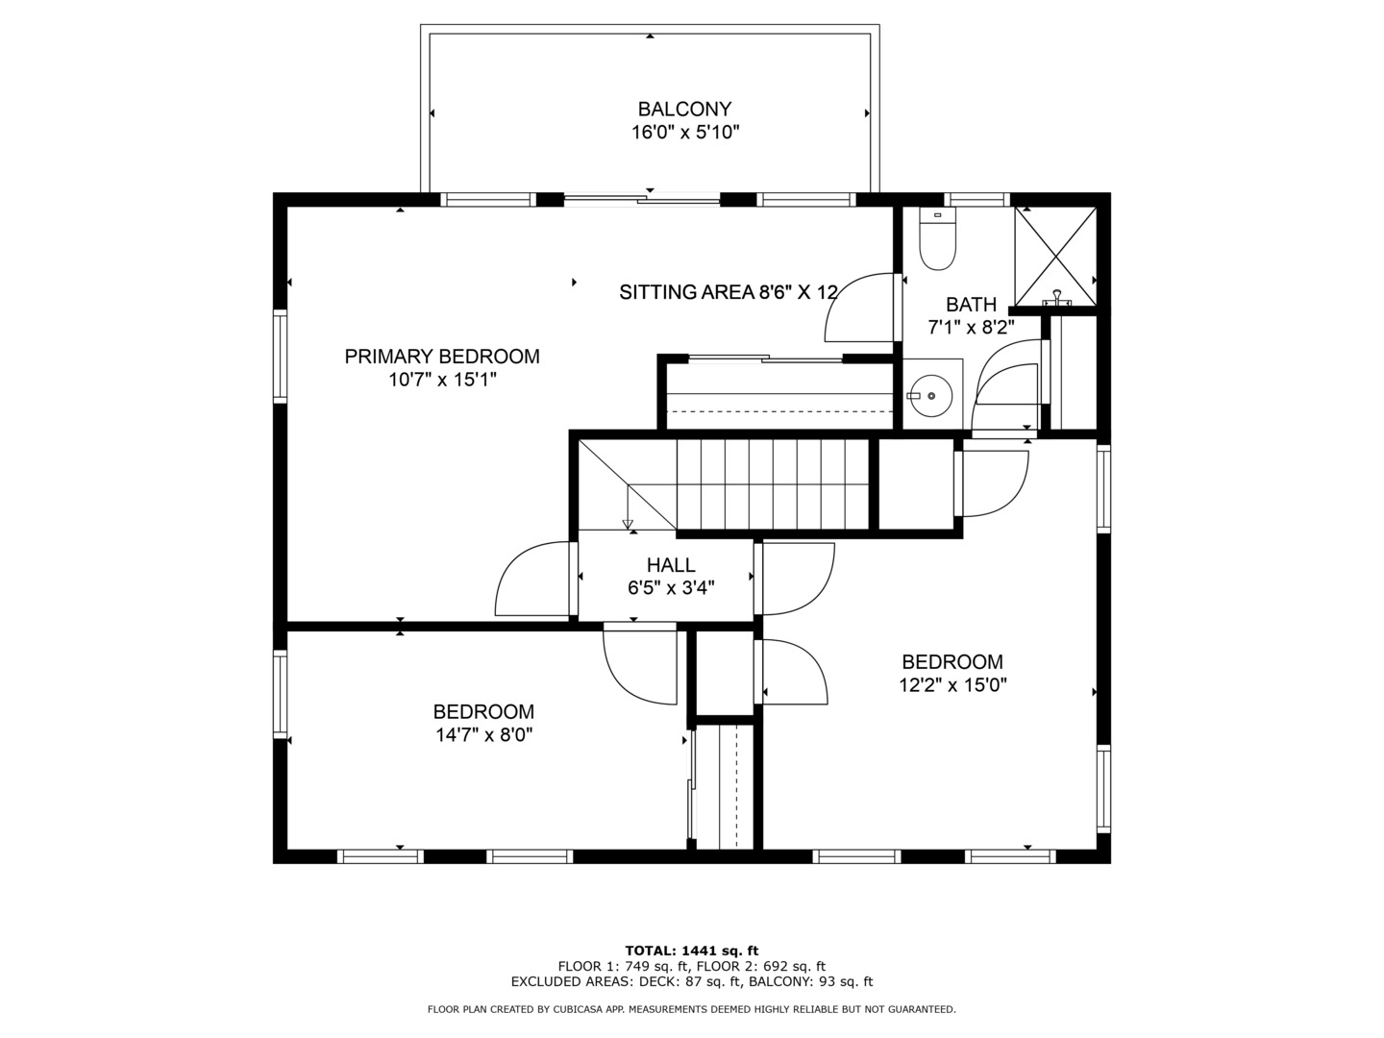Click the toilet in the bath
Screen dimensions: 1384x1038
point(937,239)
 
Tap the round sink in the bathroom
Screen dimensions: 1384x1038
point(930,396)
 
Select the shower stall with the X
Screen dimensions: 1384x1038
point(1055,257)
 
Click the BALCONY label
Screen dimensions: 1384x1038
point(684,109)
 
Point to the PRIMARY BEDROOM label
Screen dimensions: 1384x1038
point(442,356)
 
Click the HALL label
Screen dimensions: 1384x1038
point(671,565)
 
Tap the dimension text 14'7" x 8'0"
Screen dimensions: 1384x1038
point(484,735)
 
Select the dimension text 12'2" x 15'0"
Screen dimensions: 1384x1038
point(952,684)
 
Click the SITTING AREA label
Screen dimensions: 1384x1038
point(686,292)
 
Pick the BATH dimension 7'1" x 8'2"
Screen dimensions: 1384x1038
point(971,327)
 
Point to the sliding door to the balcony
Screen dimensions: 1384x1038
point(642,200)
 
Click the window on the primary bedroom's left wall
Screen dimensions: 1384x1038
point(280,356)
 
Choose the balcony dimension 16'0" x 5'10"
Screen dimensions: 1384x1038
point(684,133)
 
